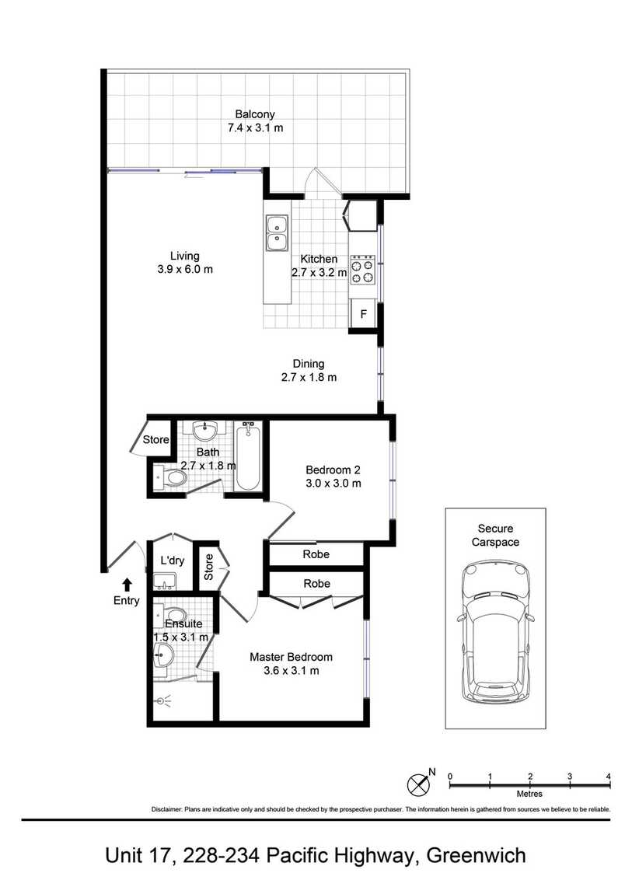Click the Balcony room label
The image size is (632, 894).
[255, 114]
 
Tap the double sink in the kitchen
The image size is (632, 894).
[277, 233]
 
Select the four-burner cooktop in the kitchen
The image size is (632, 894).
[362, 271]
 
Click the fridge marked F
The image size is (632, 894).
[364, 314]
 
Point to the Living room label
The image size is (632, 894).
[185, 256]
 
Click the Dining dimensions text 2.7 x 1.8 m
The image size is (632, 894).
[309, 378]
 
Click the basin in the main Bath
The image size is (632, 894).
[204, 431]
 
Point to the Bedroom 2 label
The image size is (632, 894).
[333, 470]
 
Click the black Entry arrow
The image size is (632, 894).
[127, 585]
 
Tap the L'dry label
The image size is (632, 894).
[172, 560]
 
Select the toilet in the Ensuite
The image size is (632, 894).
[172, 615]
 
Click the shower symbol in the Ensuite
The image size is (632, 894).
[163, 701]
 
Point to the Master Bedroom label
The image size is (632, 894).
[292, 658]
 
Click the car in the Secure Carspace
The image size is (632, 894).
[495, 631]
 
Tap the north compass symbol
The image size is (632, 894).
[419, 784]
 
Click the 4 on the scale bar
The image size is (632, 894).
[609, 777]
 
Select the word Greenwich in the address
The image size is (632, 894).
[477, 856]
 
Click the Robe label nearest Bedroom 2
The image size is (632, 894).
[316, 554]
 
